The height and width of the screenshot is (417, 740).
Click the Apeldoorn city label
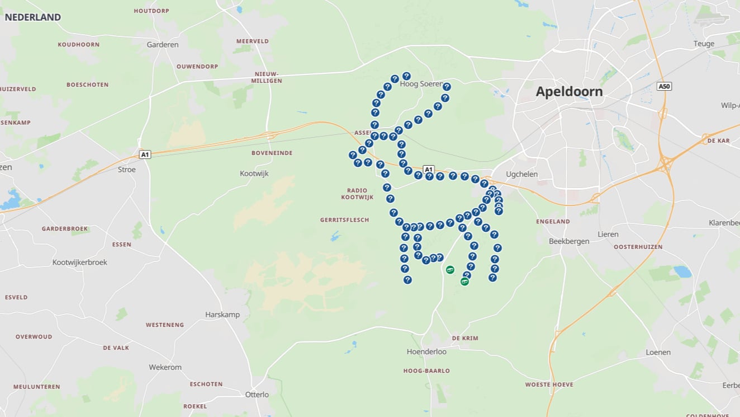569,92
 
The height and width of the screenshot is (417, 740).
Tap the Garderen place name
163,45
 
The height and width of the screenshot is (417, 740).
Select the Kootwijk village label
254,174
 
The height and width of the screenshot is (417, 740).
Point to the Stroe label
127,170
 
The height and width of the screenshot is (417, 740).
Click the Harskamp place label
222,315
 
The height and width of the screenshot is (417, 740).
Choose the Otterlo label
257,395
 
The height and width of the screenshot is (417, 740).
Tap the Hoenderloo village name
426,352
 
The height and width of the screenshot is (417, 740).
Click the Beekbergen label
569,241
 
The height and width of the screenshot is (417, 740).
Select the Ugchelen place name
521,174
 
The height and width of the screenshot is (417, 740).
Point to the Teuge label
704,44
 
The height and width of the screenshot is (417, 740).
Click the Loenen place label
658,353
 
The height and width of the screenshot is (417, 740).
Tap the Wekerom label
165,368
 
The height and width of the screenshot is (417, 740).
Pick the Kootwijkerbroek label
79,262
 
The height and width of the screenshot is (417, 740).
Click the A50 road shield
664,87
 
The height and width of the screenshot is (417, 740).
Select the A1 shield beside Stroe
145,154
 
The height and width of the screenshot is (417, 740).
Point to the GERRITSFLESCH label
344,220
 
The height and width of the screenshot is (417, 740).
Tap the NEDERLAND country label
32,17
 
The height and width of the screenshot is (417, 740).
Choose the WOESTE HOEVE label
549,385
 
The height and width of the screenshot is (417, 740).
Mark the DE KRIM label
465,338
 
